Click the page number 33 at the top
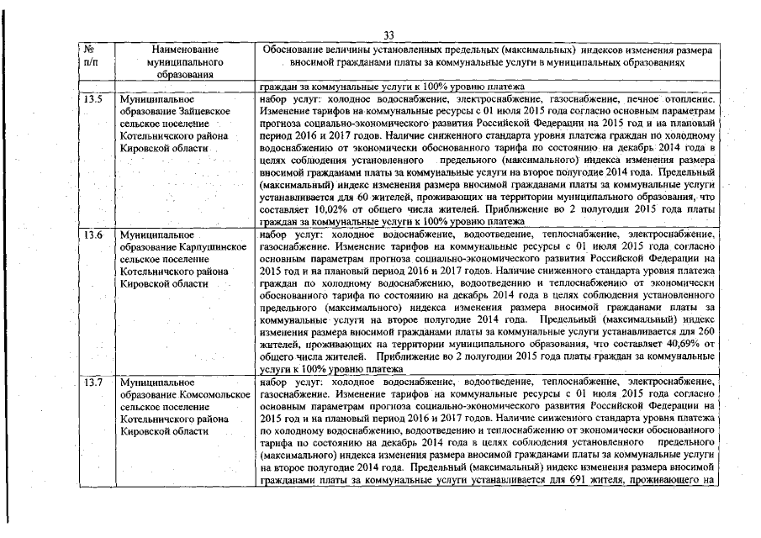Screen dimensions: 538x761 [x=388, y=34]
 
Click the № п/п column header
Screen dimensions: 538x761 [x=92, y=56]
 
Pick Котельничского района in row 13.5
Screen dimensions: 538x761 [x=174, y=135]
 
